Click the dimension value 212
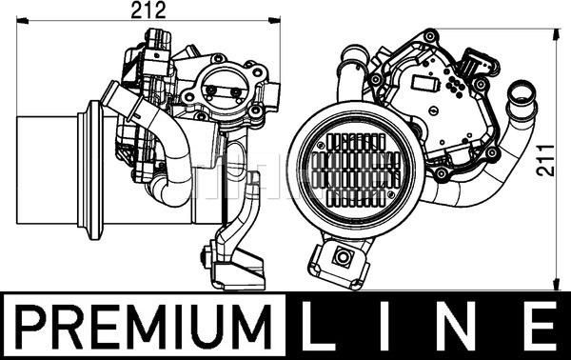click(x=148, y=10)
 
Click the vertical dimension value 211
click(x=545, y=160)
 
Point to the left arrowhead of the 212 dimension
click(x=23, y=20)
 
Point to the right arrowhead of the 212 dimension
click(x=275, y=20)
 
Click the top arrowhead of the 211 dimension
click(x=556, y=34)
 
